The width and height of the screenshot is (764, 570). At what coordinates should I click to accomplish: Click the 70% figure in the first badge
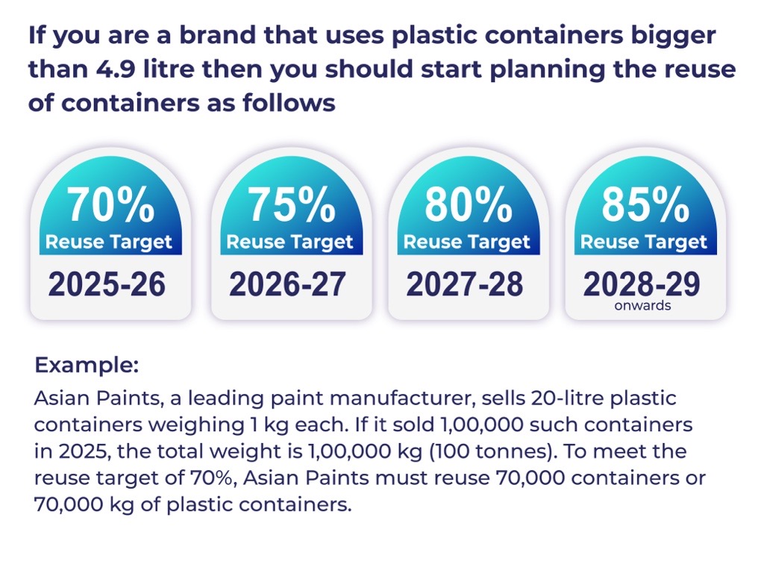tap(110, 204)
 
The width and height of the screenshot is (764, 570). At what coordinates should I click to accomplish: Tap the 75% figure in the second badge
tap(292, 204)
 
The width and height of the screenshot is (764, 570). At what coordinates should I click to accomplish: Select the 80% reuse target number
tap(469, 204)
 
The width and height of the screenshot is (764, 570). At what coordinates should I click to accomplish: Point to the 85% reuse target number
tap(645, 204)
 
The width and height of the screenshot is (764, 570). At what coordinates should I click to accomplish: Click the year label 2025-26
tap(107, 284)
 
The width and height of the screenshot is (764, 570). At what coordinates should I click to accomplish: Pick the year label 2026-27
tap(287, 284)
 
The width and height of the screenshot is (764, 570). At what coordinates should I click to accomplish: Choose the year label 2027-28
tap(464, 284)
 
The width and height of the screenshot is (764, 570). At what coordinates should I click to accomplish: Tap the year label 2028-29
tap(641, 284)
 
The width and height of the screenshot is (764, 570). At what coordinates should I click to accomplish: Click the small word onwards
tap(642, 305)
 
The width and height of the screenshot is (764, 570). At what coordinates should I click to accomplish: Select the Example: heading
tap(87, 365)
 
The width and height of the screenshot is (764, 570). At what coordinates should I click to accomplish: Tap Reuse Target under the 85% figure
tap(644, 242)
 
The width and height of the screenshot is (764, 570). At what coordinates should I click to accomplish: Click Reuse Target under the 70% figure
tap(109, 242)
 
